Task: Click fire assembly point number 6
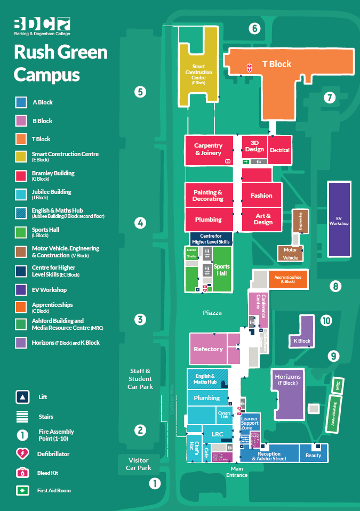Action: [x=255, y=28]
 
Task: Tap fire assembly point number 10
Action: [x=326, y=321]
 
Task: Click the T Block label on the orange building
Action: [x=277, y=64]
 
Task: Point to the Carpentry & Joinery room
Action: [x=208, y=149]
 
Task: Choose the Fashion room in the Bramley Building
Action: [x=261, y=196]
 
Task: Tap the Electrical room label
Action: [x=279, y=150]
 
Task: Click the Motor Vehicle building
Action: [x=290, y=253]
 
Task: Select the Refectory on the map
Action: [x=208, y=349]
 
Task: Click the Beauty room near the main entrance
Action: [x=313, y=455]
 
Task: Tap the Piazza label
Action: [x=212, y=313]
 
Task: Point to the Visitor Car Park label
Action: [x=138, y=464]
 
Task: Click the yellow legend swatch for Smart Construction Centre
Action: [x=21, y=156]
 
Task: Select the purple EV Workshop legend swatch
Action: [x=21, y=290]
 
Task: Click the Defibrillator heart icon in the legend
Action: [x=22, y=454]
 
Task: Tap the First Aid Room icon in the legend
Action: [x=22, y=490]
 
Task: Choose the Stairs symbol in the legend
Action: [x=22, y=417]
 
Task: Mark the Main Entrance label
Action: [x=237, y=472]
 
